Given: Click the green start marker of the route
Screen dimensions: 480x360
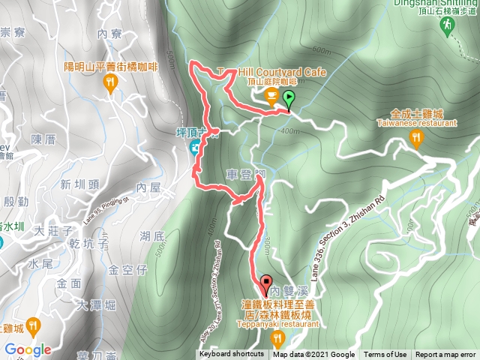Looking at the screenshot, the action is (289, 97).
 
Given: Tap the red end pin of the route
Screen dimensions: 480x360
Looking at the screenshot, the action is (267, 285).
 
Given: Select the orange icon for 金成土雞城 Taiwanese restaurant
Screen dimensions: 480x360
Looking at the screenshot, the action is (418, 137).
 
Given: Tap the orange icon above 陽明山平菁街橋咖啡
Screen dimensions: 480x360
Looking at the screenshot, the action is (112, 83).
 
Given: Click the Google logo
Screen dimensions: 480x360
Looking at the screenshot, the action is (27, 349).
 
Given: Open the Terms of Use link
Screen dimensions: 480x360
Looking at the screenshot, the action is (385, 355).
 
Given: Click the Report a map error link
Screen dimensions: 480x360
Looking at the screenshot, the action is (446, 355).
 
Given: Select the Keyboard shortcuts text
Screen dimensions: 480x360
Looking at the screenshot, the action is (232, 355).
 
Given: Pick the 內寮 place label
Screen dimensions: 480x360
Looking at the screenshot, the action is (109, 34).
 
